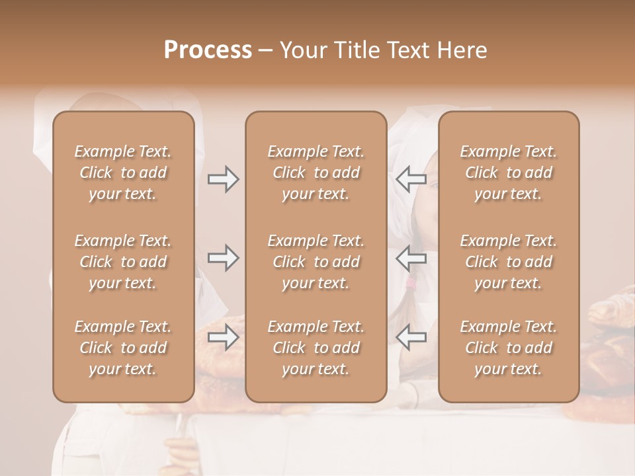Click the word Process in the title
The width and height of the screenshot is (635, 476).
[x=208, y=50]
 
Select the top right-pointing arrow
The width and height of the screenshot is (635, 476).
[x=223, y=178]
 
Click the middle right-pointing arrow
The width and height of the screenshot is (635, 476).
[x=223, y=258]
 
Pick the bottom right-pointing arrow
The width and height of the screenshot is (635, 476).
[x=223, y=338]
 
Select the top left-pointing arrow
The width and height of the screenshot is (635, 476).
[x=411, y=178]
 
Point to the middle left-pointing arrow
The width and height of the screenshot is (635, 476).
[x=411, y=258]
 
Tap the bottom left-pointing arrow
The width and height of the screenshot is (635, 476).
[x=411, y=338]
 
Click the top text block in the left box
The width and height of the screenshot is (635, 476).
[x=123, y=173]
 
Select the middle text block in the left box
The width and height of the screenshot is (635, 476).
[x=123, y=262]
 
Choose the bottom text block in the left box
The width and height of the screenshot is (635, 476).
[x=123, y=348]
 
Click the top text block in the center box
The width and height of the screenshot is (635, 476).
[x=316, y=173]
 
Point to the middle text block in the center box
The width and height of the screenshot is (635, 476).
[x=316, y=262]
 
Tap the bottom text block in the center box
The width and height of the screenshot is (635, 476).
[x=316, y=348]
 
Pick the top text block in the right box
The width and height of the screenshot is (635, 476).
[x=509, y=173]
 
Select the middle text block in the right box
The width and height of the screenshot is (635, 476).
[x=509, y=262]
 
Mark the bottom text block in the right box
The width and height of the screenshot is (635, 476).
[x=509, y=348]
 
